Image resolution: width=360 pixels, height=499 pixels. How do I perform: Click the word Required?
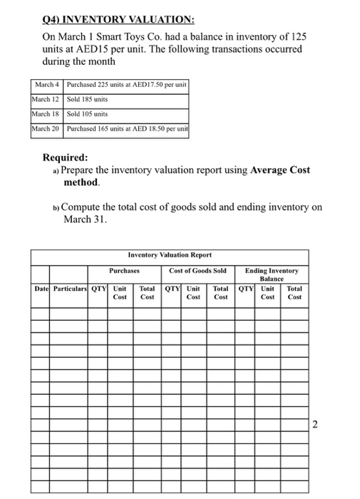66,158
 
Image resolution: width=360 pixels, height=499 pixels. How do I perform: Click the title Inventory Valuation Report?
170,255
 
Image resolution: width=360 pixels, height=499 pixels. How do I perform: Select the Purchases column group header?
125,271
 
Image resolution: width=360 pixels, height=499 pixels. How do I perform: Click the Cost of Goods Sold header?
197,271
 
